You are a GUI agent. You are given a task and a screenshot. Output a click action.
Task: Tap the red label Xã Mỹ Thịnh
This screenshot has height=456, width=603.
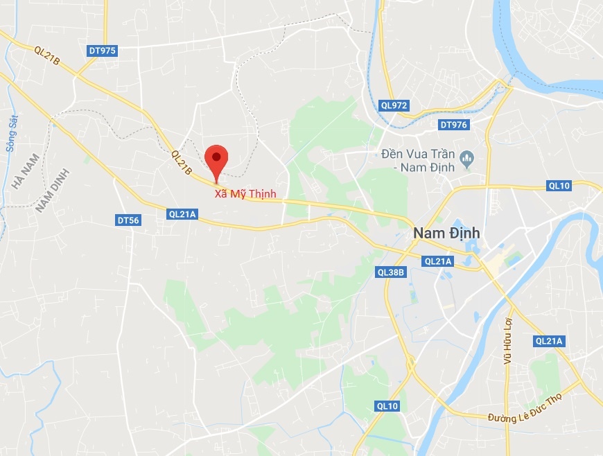(x=245, y=194)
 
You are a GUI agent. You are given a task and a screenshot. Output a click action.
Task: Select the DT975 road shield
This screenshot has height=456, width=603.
(x=103, y=51)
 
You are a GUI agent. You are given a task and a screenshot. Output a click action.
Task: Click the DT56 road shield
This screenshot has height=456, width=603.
(x=128, y=220)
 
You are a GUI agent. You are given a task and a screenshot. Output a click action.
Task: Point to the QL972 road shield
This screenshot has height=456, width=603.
(x=394, y=105)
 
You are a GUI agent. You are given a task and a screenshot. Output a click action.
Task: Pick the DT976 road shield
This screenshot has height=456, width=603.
(x=454, y=125)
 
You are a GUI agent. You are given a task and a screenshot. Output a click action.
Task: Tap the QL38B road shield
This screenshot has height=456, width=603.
(x=391, y=272)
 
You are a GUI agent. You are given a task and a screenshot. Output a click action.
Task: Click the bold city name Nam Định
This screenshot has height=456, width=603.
(x=446, y=233)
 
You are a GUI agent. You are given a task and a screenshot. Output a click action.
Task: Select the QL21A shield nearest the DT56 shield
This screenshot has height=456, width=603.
(x=183, y=215)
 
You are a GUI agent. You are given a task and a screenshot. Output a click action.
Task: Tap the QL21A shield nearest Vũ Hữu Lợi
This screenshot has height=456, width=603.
(x=550, y=341)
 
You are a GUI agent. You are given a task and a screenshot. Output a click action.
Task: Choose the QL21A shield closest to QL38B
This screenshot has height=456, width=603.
(x=438, y=261)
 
